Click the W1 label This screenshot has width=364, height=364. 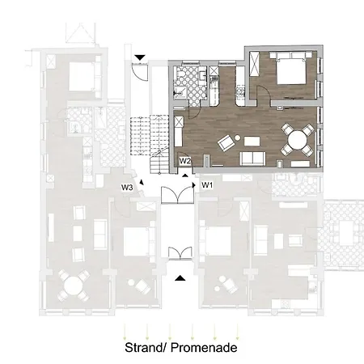click(207, 185)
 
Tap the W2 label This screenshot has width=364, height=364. click(184, 161)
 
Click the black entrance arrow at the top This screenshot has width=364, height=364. click(142, 57)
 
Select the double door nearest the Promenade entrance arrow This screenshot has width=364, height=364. click(180, 252)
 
